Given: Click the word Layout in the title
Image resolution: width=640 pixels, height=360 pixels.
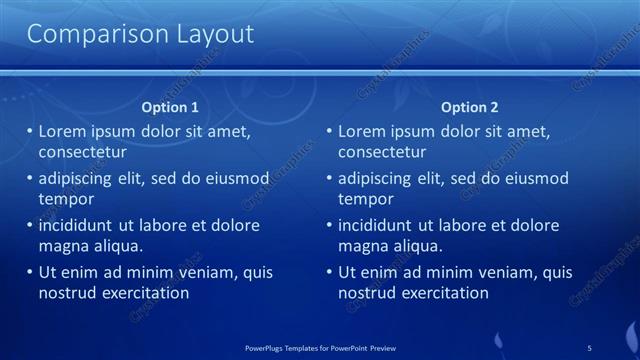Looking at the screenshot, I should [209, 35].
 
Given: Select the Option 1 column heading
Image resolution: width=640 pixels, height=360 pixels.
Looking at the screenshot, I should [169, 107].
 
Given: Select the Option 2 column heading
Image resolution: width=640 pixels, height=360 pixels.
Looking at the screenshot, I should [469, 107].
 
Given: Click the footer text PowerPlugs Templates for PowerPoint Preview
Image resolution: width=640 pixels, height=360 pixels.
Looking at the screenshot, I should [320, 347].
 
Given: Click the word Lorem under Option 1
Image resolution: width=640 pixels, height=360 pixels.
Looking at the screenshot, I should [62, 132].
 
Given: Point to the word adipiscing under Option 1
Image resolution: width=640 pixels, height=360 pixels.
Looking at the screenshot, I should [80, 179].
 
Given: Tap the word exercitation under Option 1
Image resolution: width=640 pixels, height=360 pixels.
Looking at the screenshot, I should [143, 293].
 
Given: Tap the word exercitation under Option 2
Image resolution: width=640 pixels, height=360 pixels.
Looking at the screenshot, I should [443, 293].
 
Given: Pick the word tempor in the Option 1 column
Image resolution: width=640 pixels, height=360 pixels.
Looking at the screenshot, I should [66, 199].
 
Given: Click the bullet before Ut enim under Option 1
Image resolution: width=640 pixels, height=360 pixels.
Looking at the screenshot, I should [30, 272].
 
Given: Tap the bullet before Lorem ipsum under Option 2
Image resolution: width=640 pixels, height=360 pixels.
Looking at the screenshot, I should [330, 132].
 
